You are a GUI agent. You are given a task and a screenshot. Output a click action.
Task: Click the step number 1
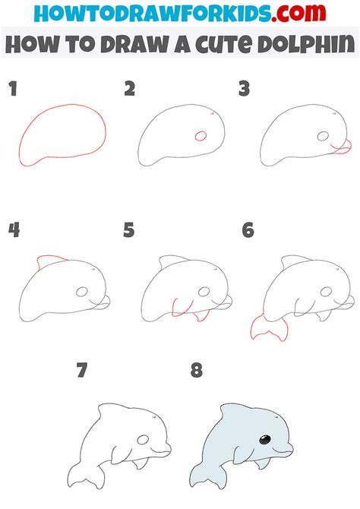[x=12, y=90]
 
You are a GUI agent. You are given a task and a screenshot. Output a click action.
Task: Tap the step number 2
[x=130, y=90]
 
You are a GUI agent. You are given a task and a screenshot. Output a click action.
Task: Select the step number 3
[x=245, y=90]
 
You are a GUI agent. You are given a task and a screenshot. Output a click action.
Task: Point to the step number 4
[x=13, y=229]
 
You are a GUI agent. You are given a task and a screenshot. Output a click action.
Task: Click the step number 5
[x=130, y=229]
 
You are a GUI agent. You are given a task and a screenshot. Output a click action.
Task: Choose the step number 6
[x=248, y=229]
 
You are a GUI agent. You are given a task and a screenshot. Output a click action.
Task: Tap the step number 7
[x=82, y=371]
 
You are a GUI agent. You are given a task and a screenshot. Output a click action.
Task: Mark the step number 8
[x=197, y=371]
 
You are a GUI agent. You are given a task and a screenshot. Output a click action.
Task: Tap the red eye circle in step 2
[x=201, y=137]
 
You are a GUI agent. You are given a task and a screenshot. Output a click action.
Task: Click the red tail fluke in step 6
[x=269, y=327]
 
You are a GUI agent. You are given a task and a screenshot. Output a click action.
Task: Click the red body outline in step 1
[x=24, y=144]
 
